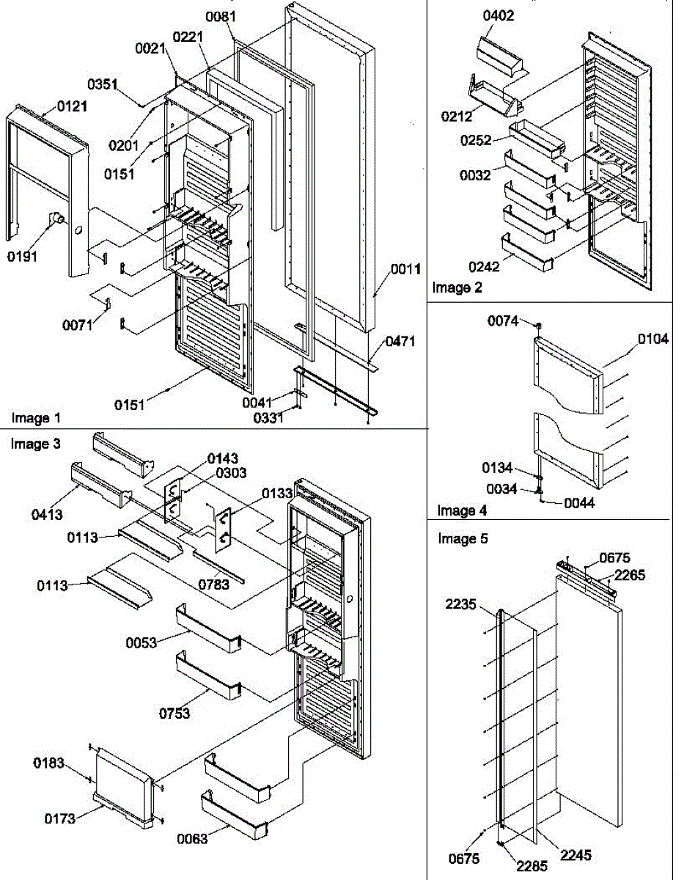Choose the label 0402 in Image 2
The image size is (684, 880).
point(499,15)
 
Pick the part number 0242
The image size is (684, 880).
point(485,267)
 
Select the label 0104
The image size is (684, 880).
point(652,339)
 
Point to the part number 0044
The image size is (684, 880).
point(580,503)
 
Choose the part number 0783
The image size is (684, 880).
point(213,584)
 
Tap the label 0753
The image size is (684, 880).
point(174,713)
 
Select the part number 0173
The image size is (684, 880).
point(59,818)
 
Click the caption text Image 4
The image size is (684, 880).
point(462,510)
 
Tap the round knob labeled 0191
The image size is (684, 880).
point(56,219)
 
